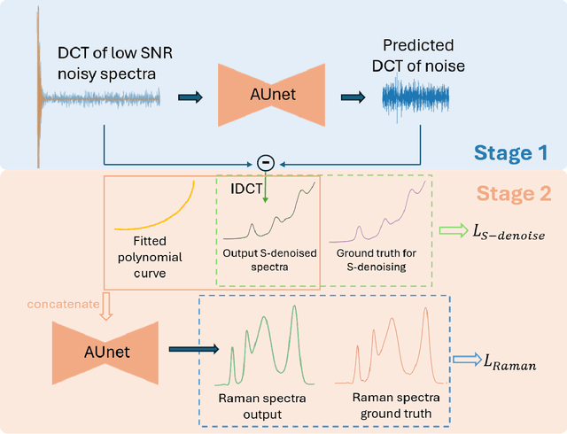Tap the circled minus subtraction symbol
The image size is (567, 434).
pyautogui.click(x=264, y=162)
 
